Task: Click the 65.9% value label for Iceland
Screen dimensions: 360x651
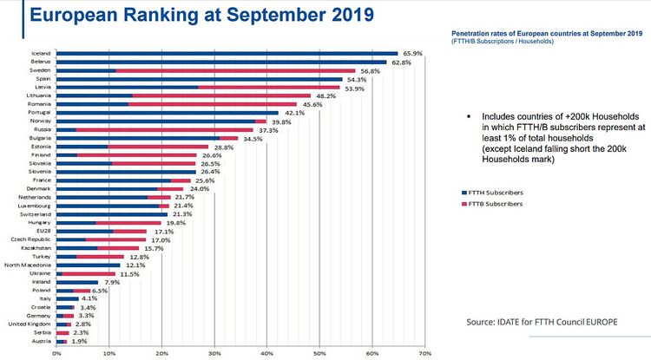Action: [x=411, y=54]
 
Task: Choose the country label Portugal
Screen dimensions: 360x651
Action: [x=43, y=112]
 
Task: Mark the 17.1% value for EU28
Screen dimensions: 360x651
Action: [x=159, y=232]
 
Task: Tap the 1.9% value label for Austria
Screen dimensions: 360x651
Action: [x=79, y=343]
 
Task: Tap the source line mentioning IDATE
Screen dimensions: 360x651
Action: [x=542, y=322]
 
